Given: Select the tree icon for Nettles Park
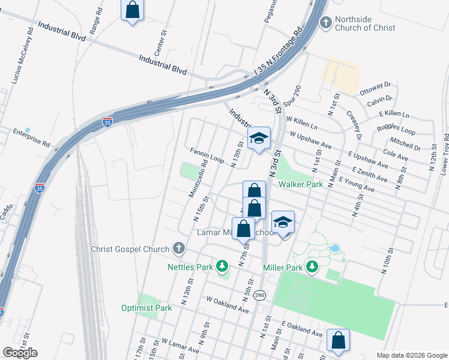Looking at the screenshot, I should [222, 265].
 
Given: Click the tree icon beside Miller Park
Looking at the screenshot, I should [312, 266].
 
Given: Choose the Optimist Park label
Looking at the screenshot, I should [147, 308].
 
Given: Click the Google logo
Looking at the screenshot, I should [20, 353].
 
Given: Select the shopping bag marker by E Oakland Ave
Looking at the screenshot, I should [339, 340].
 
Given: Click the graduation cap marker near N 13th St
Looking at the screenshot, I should [259, 139].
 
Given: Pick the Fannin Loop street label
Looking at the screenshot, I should [206, 155].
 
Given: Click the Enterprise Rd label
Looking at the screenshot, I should [31, 137].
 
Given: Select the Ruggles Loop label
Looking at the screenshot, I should [396, 129].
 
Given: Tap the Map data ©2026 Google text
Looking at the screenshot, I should [412, 355].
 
